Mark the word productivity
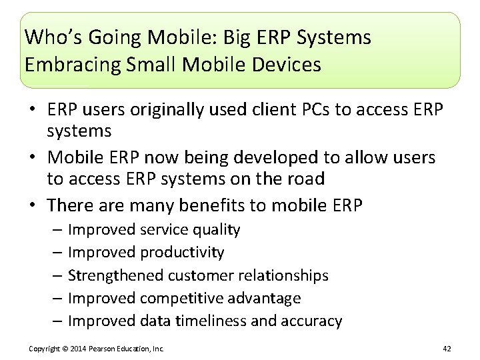point(183,253)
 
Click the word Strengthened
point(116,275)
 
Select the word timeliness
point(211,321)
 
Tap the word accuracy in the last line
point(311,321)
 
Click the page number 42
point(446,349)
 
